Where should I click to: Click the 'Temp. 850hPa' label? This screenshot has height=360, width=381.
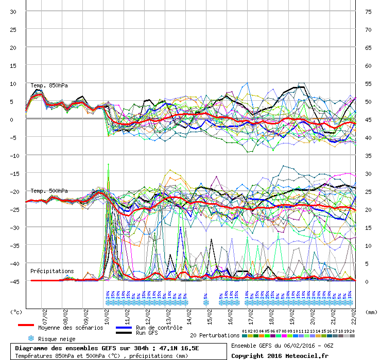49,86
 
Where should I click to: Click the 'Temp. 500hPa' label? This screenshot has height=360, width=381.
49,191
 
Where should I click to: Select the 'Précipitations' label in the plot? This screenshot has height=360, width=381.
52,271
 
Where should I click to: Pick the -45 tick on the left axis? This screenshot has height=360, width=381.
14,281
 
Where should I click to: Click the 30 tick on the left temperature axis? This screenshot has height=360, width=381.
14,12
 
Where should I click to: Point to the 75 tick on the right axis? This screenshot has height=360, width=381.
368,12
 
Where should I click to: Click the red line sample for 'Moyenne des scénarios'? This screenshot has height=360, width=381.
33,325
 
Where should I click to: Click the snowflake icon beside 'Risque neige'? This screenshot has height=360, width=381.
31,338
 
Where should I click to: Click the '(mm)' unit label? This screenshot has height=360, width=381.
370,312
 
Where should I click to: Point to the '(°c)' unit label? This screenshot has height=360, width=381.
16,312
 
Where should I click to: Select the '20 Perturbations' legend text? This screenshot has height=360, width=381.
215,335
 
